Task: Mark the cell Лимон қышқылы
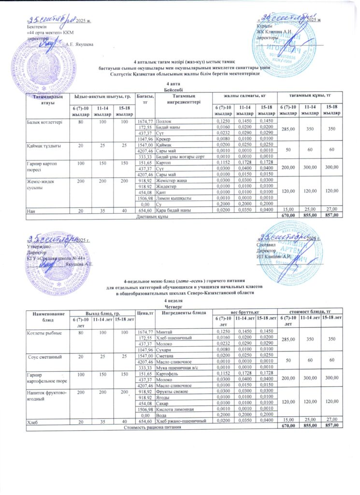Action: click(x=171, y=198)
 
